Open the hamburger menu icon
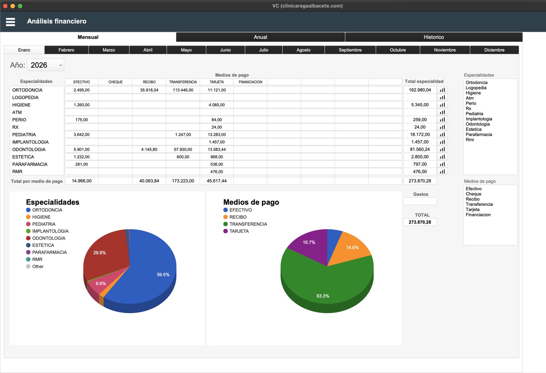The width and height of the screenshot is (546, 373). coord(11,22)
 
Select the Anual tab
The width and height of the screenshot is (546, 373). coord(261,37)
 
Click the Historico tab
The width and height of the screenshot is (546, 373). coord(434,37)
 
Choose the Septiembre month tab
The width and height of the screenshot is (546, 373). coord(350,50)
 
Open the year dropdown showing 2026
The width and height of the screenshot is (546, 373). coord(46,65)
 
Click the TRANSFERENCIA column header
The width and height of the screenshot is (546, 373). coord(183,82)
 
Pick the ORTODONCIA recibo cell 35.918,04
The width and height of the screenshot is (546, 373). coord(149,90)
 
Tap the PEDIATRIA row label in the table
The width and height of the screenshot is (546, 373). coord(24,134)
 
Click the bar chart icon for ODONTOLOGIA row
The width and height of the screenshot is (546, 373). coord(442,149)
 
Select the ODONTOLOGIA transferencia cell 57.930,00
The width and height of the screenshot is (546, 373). coord(183,149)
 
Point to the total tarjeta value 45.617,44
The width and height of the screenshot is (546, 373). coord(216,181)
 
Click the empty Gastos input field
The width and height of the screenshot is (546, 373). coord(420,202)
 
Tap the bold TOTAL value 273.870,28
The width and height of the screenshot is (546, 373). coord(420,222)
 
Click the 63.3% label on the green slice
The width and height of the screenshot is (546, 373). coord(323,296)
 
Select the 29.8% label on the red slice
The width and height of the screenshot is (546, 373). coord(99,253)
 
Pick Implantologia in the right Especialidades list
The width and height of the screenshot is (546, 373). coord(479,119)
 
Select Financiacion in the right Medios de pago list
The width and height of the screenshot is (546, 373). coord(478,215)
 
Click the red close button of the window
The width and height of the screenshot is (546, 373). coord(5,6)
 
